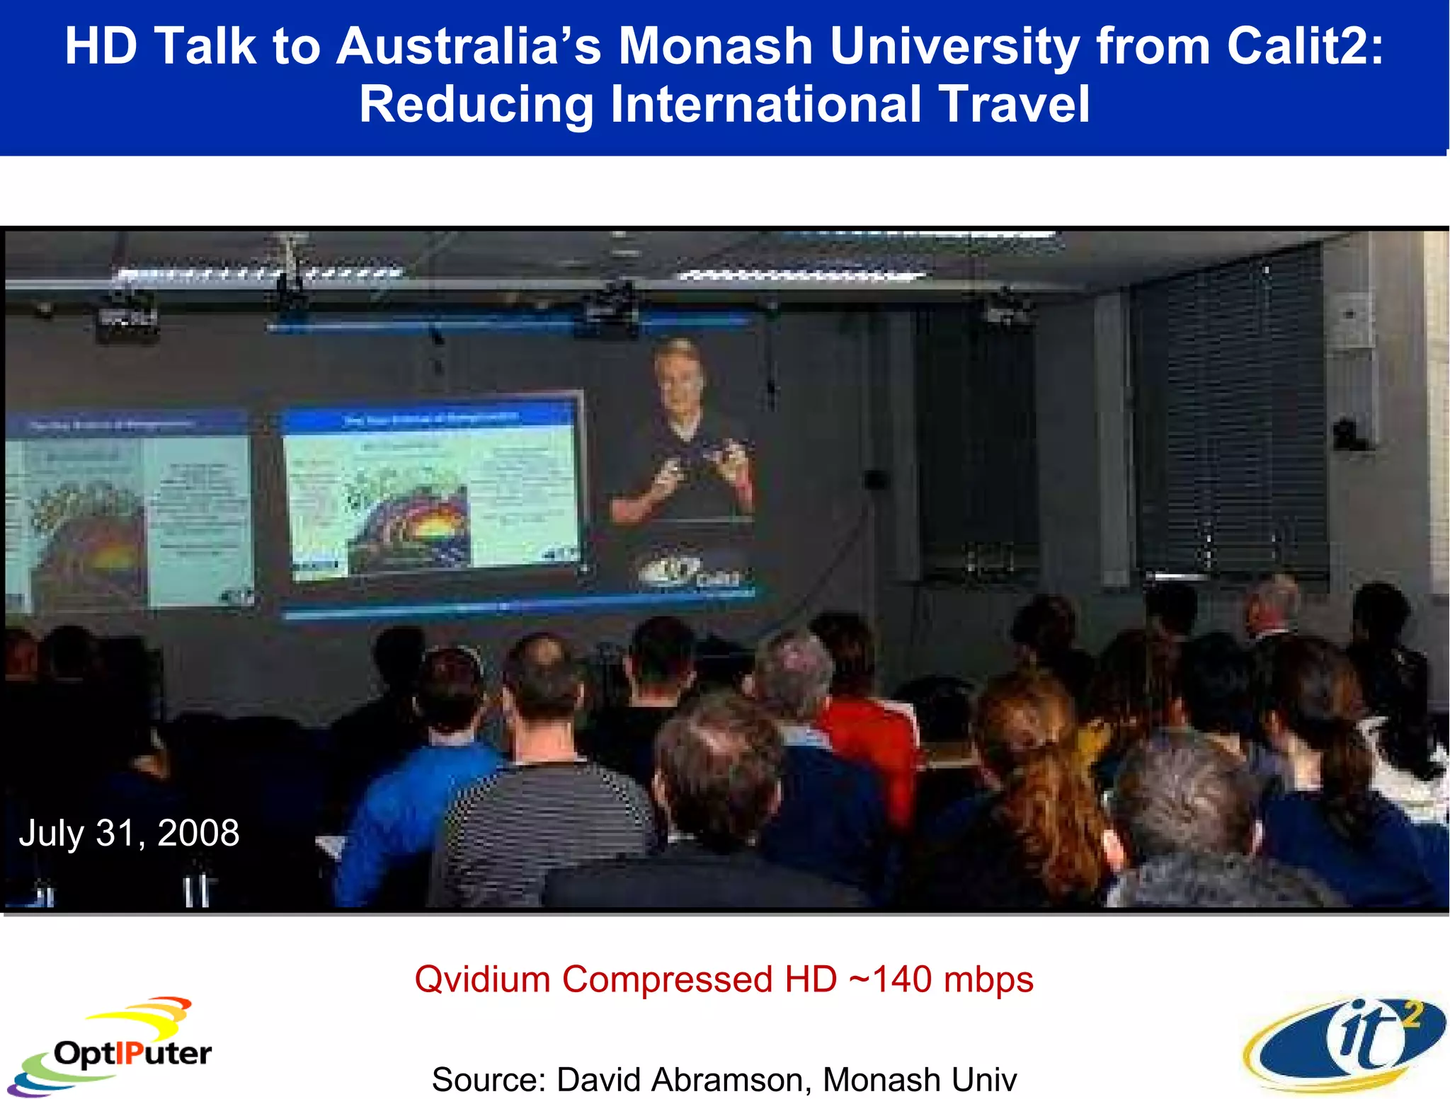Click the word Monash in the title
[x=715, y=47]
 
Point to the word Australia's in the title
[x=468, y=47]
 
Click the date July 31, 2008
[x=129, y=833]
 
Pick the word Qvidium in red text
[x=482, y=979]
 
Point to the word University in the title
[x=954, y=47]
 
